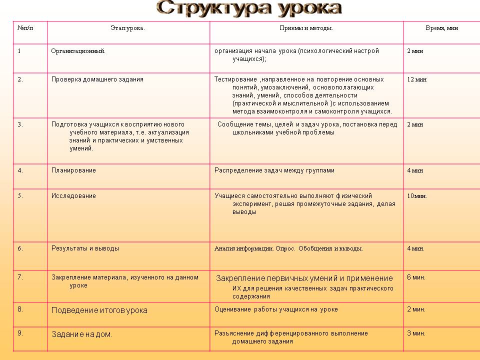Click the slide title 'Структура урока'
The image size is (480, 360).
click(248, 8)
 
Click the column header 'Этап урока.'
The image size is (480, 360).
click(127, 28)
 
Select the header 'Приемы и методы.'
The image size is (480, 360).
click(306, 28)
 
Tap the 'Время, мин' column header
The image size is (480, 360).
click(441, 28)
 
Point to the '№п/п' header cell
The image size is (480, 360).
click(25, 28)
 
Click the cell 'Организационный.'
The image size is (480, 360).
click(78, 51)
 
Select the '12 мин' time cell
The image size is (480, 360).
click(417, 79)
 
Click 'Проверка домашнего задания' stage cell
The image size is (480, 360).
click(97, 79)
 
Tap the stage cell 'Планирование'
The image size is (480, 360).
click(73, 170)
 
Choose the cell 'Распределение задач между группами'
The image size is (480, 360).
click(274, 170)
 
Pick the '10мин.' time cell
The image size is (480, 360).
click(417, 196)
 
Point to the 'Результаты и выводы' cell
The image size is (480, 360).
click(85, 248)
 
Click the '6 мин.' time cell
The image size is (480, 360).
click(416, 277)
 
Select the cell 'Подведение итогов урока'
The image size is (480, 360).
click(99, 310)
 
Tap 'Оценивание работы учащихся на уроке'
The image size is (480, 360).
click(276, 309)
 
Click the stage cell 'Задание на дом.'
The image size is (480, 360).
click(82, 334)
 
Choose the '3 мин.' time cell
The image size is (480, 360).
click(416, 333)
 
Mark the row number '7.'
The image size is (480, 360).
click(20, 277)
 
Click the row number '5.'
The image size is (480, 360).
click(20, 196)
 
